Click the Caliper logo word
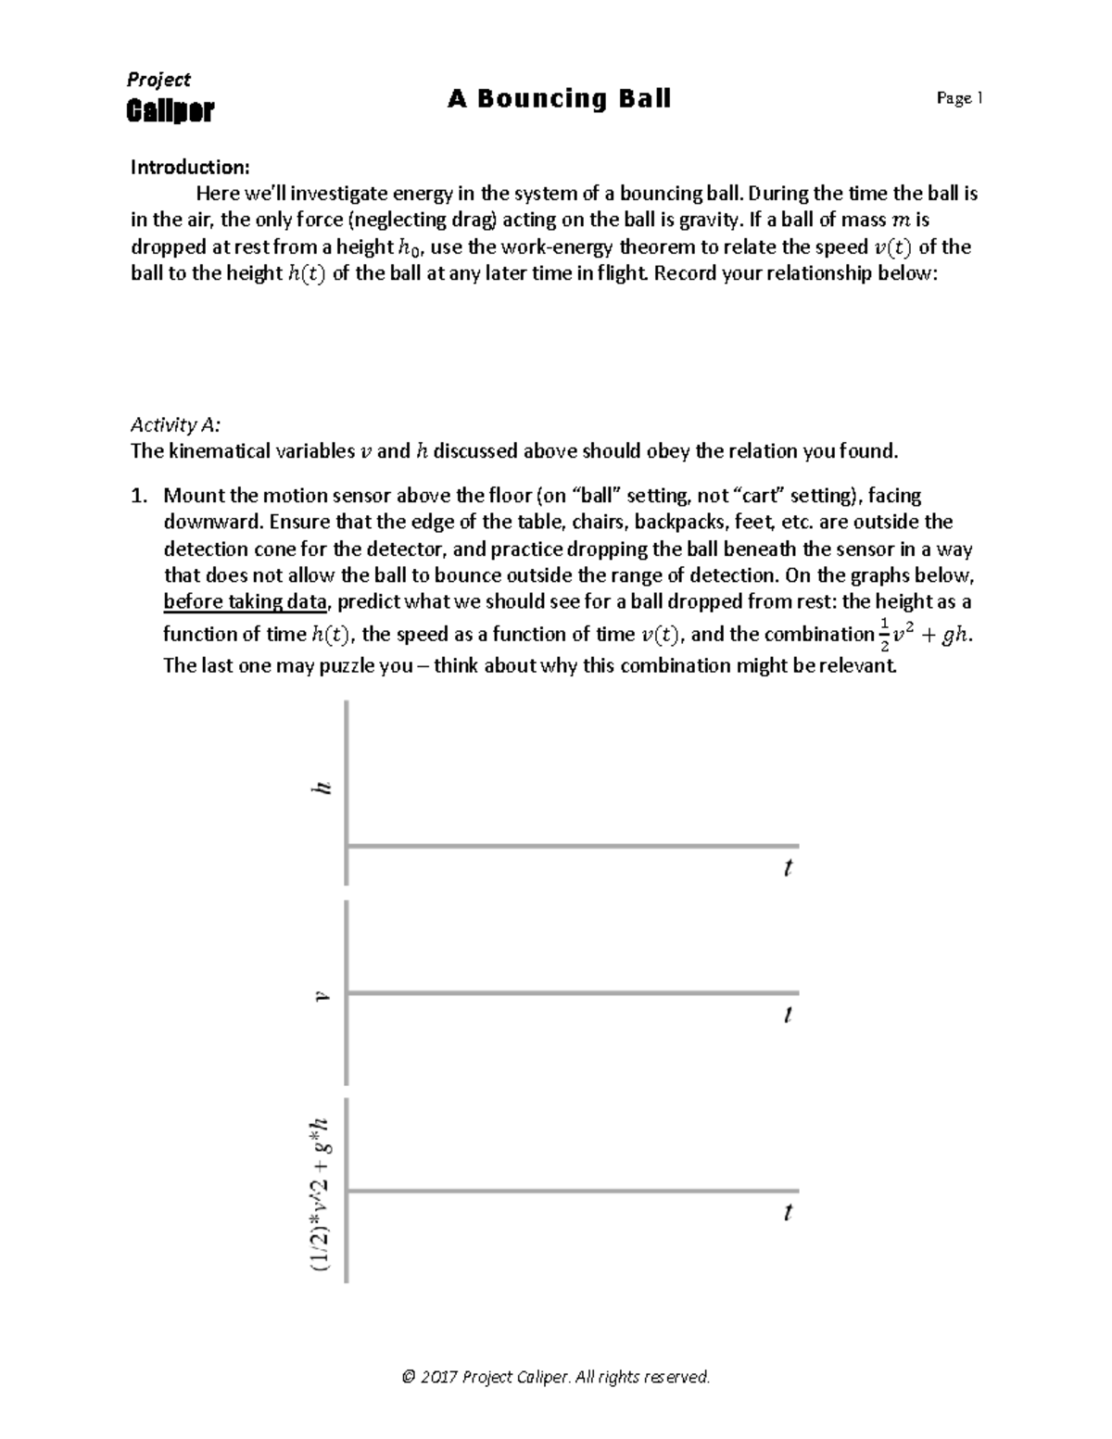coord(170,111)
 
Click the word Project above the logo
coord(159,80)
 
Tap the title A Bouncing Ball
coord(559,98)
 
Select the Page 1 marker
coord(959,98)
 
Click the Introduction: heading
coord(190,167)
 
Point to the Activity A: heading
coord(175,424)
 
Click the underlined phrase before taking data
coord(245,601)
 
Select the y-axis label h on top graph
coord(322,788)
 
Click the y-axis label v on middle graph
coord(322,997)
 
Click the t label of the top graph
coord(788,868)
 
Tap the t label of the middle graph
coord(788,1015)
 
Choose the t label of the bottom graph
coord(788,1212)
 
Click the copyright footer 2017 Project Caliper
coord(556,1376)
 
